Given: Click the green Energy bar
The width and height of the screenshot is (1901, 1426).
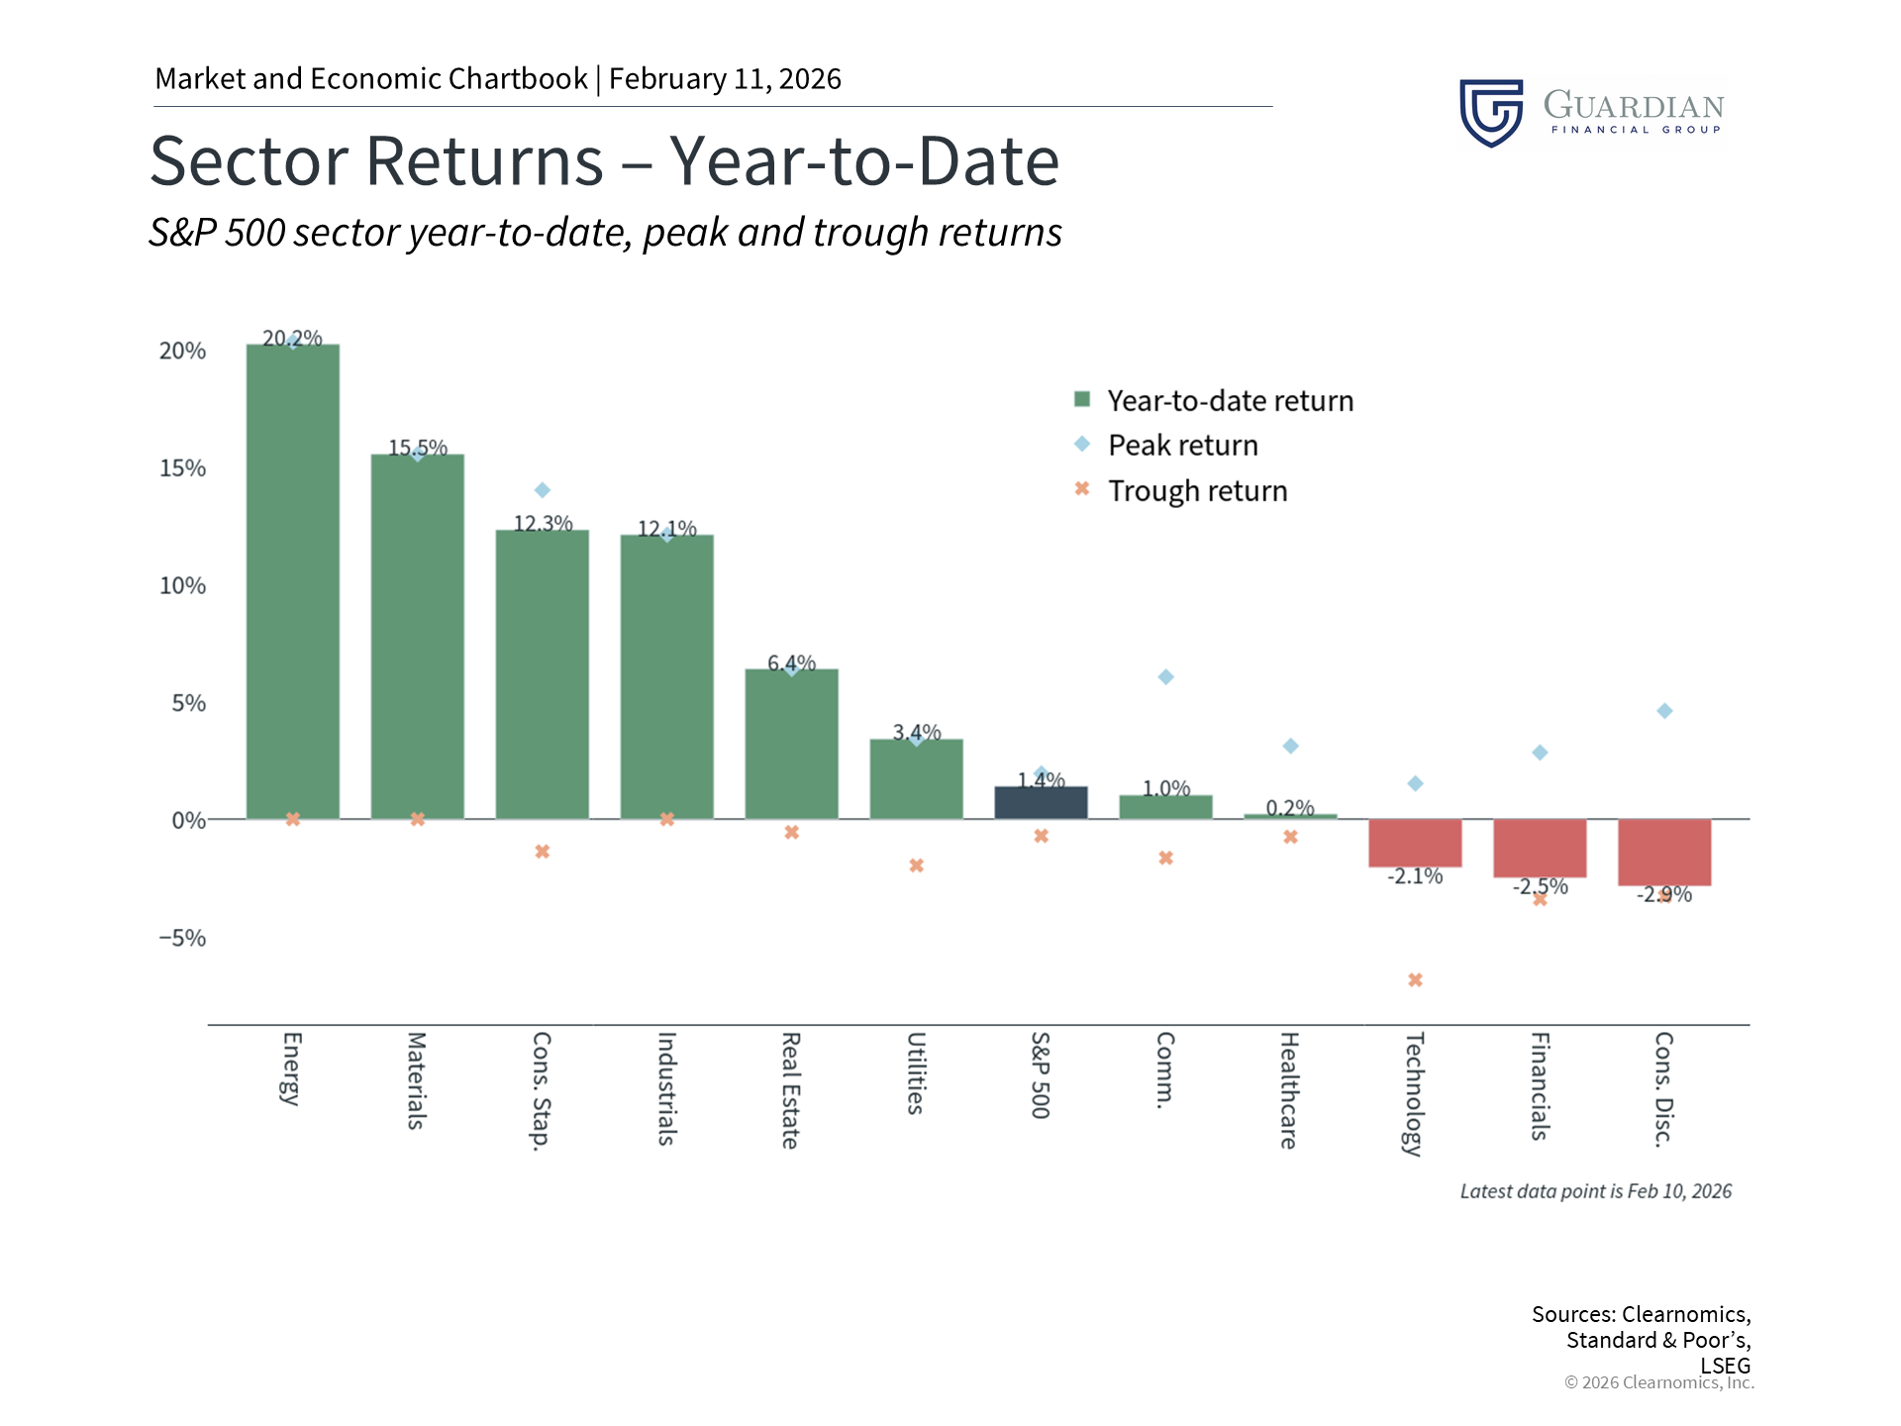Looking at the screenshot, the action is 293,581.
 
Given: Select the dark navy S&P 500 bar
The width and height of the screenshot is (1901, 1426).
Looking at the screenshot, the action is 1041,803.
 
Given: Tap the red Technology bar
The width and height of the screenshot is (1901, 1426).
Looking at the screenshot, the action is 1415,843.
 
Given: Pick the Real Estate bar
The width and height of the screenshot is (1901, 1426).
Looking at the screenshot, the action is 792,744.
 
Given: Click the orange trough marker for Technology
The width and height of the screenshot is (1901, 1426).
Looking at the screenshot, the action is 1415,980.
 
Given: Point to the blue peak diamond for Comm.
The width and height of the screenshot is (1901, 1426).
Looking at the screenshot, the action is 1166,677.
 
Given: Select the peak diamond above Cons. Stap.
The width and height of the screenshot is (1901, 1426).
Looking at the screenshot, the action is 543,490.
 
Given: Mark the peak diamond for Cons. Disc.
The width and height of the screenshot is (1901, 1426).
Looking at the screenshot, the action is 1664,711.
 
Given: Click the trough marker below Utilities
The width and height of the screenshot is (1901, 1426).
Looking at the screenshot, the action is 917,866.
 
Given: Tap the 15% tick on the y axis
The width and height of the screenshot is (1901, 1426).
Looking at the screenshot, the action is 183,468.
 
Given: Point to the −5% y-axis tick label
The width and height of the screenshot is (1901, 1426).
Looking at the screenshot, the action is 182,938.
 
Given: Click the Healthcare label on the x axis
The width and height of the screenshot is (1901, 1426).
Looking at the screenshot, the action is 1289,1090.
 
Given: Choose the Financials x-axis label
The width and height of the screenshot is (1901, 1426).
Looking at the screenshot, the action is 1540,1086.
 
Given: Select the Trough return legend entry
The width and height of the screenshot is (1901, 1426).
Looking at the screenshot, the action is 1181,490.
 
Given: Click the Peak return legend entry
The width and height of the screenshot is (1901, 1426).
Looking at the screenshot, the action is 1166,445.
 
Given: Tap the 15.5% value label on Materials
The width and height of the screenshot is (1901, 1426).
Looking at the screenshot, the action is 418,448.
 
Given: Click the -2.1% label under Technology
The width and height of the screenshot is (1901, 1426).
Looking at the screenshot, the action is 1415,876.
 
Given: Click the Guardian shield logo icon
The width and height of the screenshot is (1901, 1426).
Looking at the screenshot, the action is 1491,113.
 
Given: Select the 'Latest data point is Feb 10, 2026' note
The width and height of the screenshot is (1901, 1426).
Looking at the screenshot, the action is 1596,1191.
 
